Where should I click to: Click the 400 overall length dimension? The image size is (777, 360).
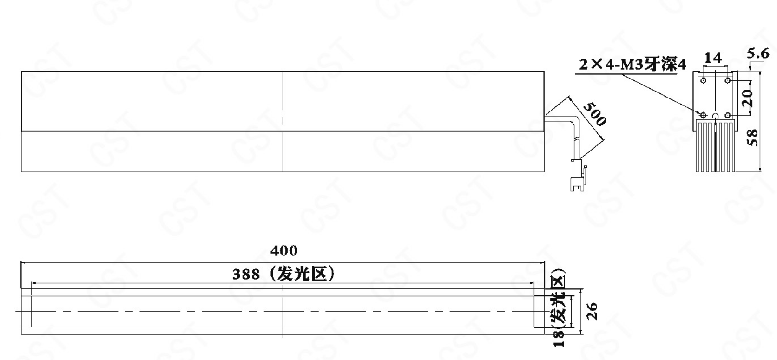point(284,251)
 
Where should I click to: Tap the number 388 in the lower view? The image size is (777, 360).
point(246,275)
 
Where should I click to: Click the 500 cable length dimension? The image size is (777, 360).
point(594,114)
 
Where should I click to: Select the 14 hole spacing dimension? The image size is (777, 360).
point(713,58)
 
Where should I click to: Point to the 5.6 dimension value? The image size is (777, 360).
point(758,53)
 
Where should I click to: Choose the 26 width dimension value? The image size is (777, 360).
point(592,311)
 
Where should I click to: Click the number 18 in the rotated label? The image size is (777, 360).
point(559,339)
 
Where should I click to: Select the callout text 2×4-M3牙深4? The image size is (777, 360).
point(632,65)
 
